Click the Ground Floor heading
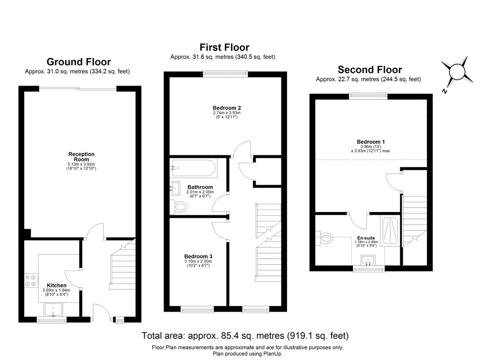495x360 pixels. [x=78, y=62]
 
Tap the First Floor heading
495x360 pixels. [x=224, y=47]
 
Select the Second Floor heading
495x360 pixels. [x=369, y=70]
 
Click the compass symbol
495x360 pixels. [x=457, y=71]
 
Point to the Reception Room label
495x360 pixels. [x=81, y=157]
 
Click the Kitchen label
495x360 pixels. [x=57, y=285]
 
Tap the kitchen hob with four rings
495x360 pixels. [x=31, y=281]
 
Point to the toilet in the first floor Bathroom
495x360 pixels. [x=180, y=207]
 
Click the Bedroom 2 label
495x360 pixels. [x=226, y=107]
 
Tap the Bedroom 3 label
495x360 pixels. [x=198, y=256]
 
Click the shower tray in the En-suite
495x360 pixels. [x=391, y=232]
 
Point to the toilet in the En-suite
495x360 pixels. [x=326, y=237]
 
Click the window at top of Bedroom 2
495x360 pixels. [x=226, y=74]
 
